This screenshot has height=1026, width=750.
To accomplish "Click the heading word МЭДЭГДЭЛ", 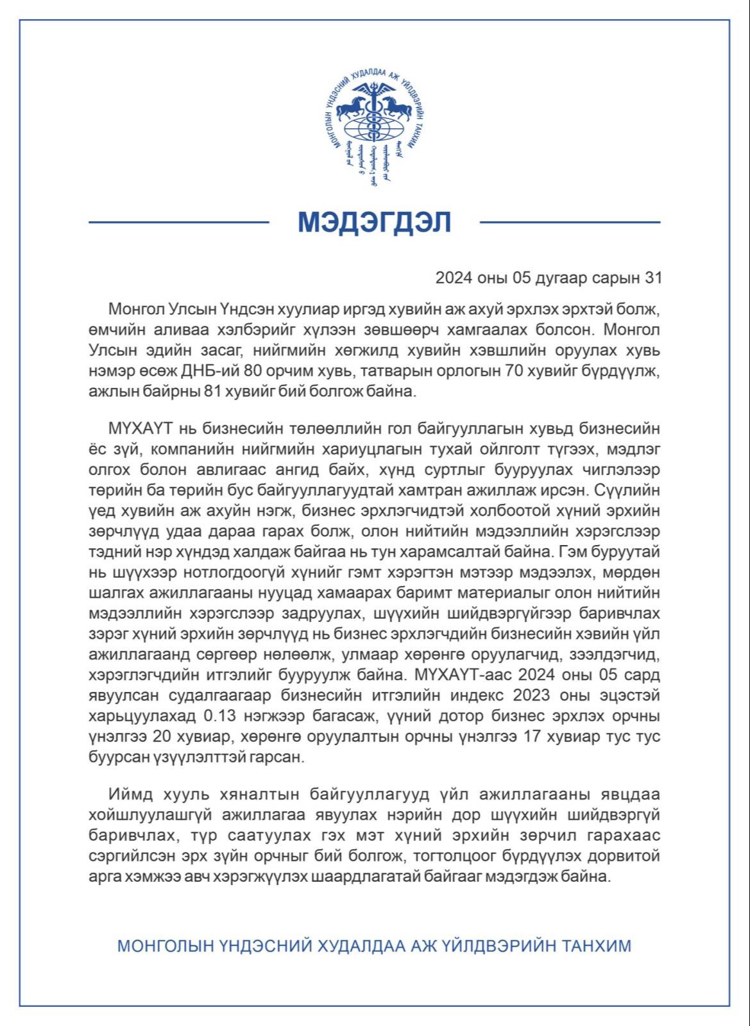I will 375,222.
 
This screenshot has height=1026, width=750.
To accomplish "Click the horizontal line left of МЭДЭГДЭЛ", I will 178,223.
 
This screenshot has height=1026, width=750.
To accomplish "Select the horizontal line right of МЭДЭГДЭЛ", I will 570,223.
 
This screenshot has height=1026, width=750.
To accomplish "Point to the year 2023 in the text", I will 563,696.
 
